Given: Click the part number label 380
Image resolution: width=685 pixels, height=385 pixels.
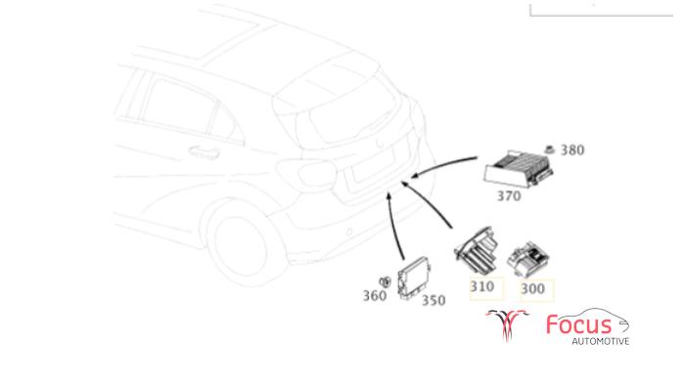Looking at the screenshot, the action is click(572, 150).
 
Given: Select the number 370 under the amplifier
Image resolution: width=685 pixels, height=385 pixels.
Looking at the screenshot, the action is click(509, 196).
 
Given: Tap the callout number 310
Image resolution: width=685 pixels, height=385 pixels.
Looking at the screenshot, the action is click(482, 286).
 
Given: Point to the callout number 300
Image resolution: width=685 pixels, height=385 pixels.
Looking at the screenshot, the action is click(532, 288).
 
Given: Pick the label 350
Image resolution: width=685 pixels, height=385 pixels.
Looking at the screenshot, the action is click(434, 300).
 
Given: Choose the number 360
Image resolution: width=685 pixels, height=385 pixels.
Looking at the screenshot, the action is click(375, 296).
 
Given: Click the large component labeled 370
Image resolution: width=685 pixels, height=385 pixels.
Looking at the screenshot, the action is click(518, 169).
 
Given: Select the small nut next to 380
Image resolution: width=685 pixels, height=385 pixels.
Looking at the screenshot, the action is click(549, 150).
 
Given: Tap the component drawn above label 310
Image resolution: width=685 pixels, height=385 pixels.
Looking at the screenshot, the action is click(478, 250).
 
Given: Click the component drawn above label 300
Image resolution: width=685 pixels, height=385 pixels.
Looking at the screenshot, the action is click(528, 259).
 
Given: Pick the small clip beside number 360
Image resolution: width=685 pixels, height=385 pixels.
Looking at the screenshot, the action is click(385, 282).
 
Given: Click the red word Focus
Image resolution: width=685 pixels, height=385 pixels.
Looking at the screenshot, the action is click(579, 324).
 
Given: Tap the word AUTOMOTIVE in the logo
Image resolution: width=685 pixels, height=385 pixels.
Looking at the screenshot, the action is click(601, 341).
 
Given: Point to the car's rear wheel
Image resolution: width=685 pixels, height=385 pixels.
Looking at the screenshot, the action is click(245, 246).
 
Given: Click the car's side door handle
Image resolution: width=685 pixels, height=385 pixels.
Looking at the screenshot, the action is click(204, 152).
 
